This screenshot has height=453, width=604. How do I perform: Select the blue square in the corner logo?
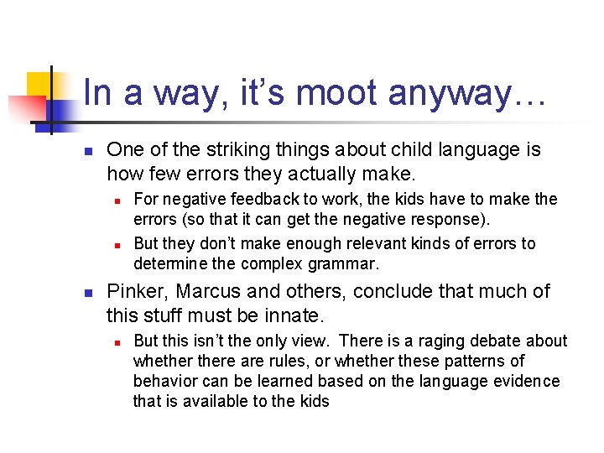pos(61,109)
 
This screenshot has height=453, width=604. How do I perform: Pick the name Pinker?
pos(134,292)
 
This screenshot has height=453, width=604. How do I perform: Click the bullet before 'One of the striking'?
pos(86,152)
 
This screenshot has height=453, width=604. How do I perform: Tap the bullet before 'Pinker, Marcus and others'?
pos(86,294)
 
